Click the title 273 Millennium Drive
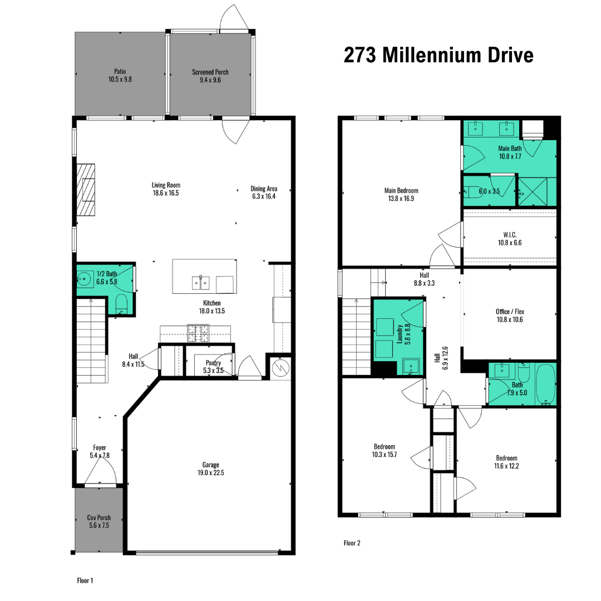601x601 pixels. point(439,55)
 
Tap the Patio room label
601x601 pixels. point(120,71)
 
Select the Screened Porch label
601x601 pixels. point(210,72)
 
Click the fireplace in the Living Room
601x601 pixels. point(86,190)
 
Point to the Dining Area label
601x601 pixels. point(264,189)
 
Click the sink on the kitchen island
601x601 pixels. point(200,283)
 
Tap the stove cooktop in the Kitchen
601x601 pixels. point(198,333)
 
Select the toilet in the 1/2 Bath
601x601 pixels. point(121,304)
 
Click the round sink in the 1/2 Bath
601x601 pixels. point(84,279)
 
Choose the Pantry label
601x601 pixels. point(213,363)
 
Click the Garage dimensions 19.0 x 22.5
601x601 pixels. point(211,472)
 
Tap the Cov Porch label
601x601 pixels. point(99,518)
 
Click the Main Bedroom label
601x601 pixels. point(401,190)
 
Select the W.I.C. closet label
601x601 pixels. point(510,235)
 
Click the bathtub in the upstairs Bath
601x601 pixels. point(545,385)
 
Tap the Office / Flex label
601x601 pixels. point(510,312)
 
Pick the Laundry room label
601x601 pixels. point(400,334)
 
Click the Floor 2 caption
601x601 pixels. point(352,543)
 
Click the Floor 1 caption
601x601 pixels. point(85,580)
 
